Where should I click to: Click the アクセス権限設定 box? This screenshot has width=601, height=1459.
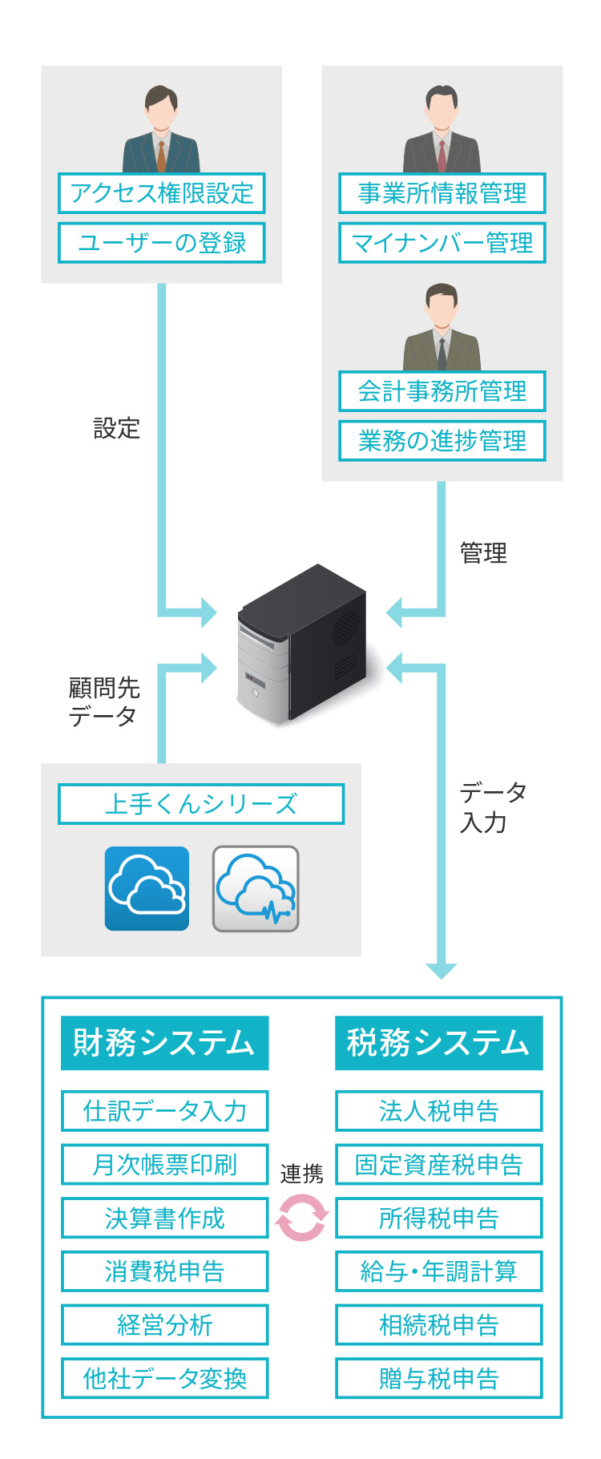[x=161, y=193]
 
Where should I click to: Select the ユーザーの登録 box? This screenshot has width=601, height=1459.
[x=161, y=243]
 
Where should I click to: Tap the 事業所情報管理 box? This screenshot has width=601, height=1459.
[x=442, y=193]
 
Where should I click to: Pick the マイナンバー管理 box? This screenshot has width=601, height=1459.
[x=442, y=243]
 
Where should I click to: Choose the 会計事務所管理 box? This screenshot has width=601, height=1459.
[x=442, y=391]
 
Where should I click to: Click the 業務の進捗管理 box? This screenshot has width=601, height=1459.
[x=442, y=441]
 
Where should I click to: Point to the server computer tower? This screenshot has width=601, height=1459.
[x=302, y=643]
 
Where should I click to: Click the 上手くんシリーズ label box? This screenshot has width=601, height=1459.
[x=201, y=804]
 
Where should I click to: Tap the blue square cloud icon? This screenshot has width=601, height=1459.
[x=147, y=888]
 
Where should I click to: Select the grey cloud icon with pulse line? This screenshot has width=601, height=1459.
[x=256, y=888]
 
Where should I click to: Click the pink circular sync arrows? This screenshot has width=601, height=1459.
[x=301, y=1218]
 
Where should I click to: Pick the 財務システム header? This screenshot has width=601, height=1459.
[x=164, y=1043]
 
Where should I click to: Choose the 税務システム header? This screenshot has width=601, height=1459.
[x=438, y=1043]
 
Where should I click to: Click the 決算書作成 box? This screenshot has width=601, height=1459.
[x=164, y=1218]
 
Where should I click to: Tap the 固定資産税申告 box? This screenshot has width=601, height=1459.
[x=438, y=1164]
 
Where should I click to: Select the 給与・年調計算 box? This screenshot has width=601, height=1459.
[x=438, y=1271]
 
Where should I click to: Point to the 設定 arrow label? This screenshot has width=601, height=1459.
[x=117, y=429]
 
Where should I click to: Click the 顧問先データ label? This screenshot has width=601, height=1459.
[x=103, y=701]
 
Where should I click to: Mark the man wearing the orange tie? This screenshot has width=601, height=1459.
[x=161, y=128]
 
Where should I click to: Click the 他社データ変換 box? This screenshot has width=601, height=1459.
[x=164, y=1378]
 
